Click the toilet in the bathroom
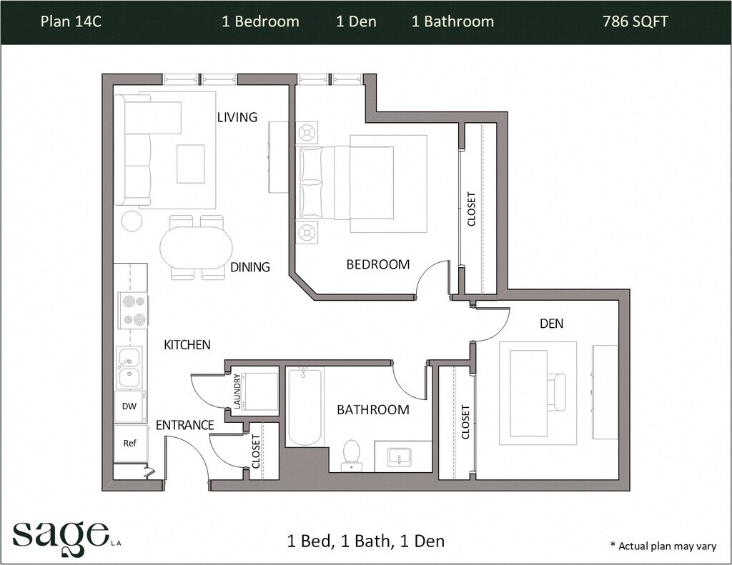[350, 455]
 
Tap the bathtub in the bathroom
[305, 406]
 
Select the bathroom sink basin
[399, 456]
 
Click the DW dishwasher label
[129, 406]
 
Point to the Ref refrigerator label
[130, 444]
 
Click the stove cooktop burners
[133, 310]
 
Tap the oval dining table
[196, 247]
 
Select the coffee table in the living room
[190, 164]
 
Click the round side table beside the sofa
[132, 221]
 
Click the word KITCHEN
[187, 345]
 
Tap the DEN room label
[551, 324]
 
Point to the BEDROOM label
[378, 264]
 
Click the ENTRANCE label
[185, 425]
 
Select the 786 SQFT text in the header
[635, 21]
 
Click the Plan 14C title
[71, 21]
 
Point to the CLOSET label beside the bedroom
[472, 209]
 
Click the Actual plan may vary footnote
[663, 546]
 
